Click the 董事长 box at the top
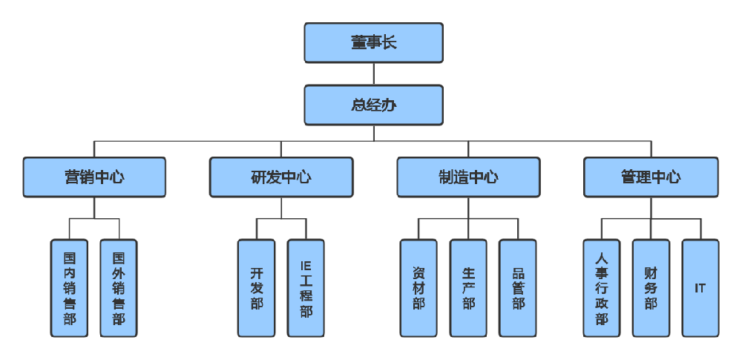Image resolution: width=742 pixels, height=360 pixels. tap(373, 42)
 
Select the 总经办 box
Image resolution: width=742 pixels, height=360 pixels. tap(373, 105)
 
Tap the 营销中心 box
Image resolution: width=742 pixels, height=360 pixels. tap(94, 177)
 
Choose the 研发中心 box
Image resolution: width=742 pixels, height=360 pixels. tap(281, 177)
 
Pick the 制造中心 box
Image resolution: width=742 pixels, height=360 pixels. tap(468, 177)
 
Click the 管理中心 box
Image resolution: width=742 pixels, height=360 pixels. tap(651, 177)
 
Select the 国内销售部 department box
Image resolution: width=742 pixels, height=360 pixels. tap(69, 288)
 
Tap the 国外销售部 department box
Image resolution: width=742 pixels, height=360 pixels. tap(119, 288)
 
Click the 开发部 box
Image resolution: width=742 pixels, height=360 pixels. tap(257, 288)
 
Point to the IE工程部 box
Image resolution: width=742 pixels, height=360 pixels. tap(306, 288)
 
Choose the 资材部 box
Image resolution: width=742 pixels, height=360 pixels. tap(418, 288)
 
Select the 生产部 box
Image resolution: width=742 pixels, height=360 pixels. tap(468, 288)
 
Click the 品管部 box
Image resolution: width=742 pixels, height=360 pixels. tap(518, 288)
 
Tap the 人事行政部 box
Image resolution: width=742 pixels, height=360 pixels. tap(601, 288)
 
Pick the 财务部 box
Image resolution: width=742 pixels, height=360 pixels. tap(651, 288)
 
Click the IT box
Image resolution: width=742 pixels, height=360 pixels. tap(700, 288)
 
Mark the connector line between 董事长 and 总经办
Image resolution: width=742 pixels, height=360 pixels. tap(373, 73)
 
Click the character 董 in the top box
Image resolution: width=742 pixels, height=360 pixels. tap(358, 42)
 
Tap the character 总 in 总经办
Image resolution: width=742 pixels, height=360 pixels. tap(358, 105)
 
